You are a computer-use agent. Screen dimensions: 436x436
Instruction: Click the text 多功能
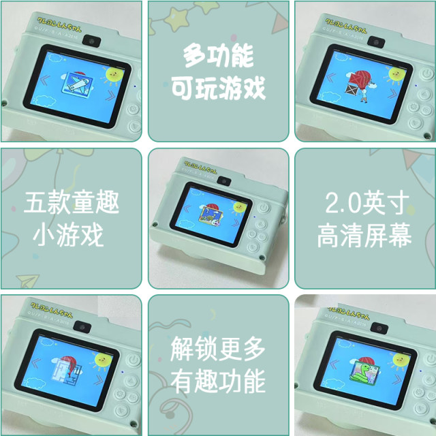219,55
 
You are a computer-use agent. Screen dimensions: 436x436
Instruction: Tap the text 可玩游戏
219,87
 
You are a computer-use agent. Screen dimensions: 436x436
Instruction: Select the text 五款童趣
71,202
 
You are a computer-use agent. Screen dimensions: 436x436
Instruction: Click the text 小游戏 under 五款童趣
71,235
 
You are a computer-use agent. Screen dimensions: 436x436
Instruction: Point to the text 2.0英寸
365,202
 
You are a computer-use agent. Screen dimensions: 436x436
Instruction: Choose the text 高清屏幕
365,235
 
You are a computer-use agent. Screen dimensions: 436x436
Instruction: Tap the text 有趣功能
218,382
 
